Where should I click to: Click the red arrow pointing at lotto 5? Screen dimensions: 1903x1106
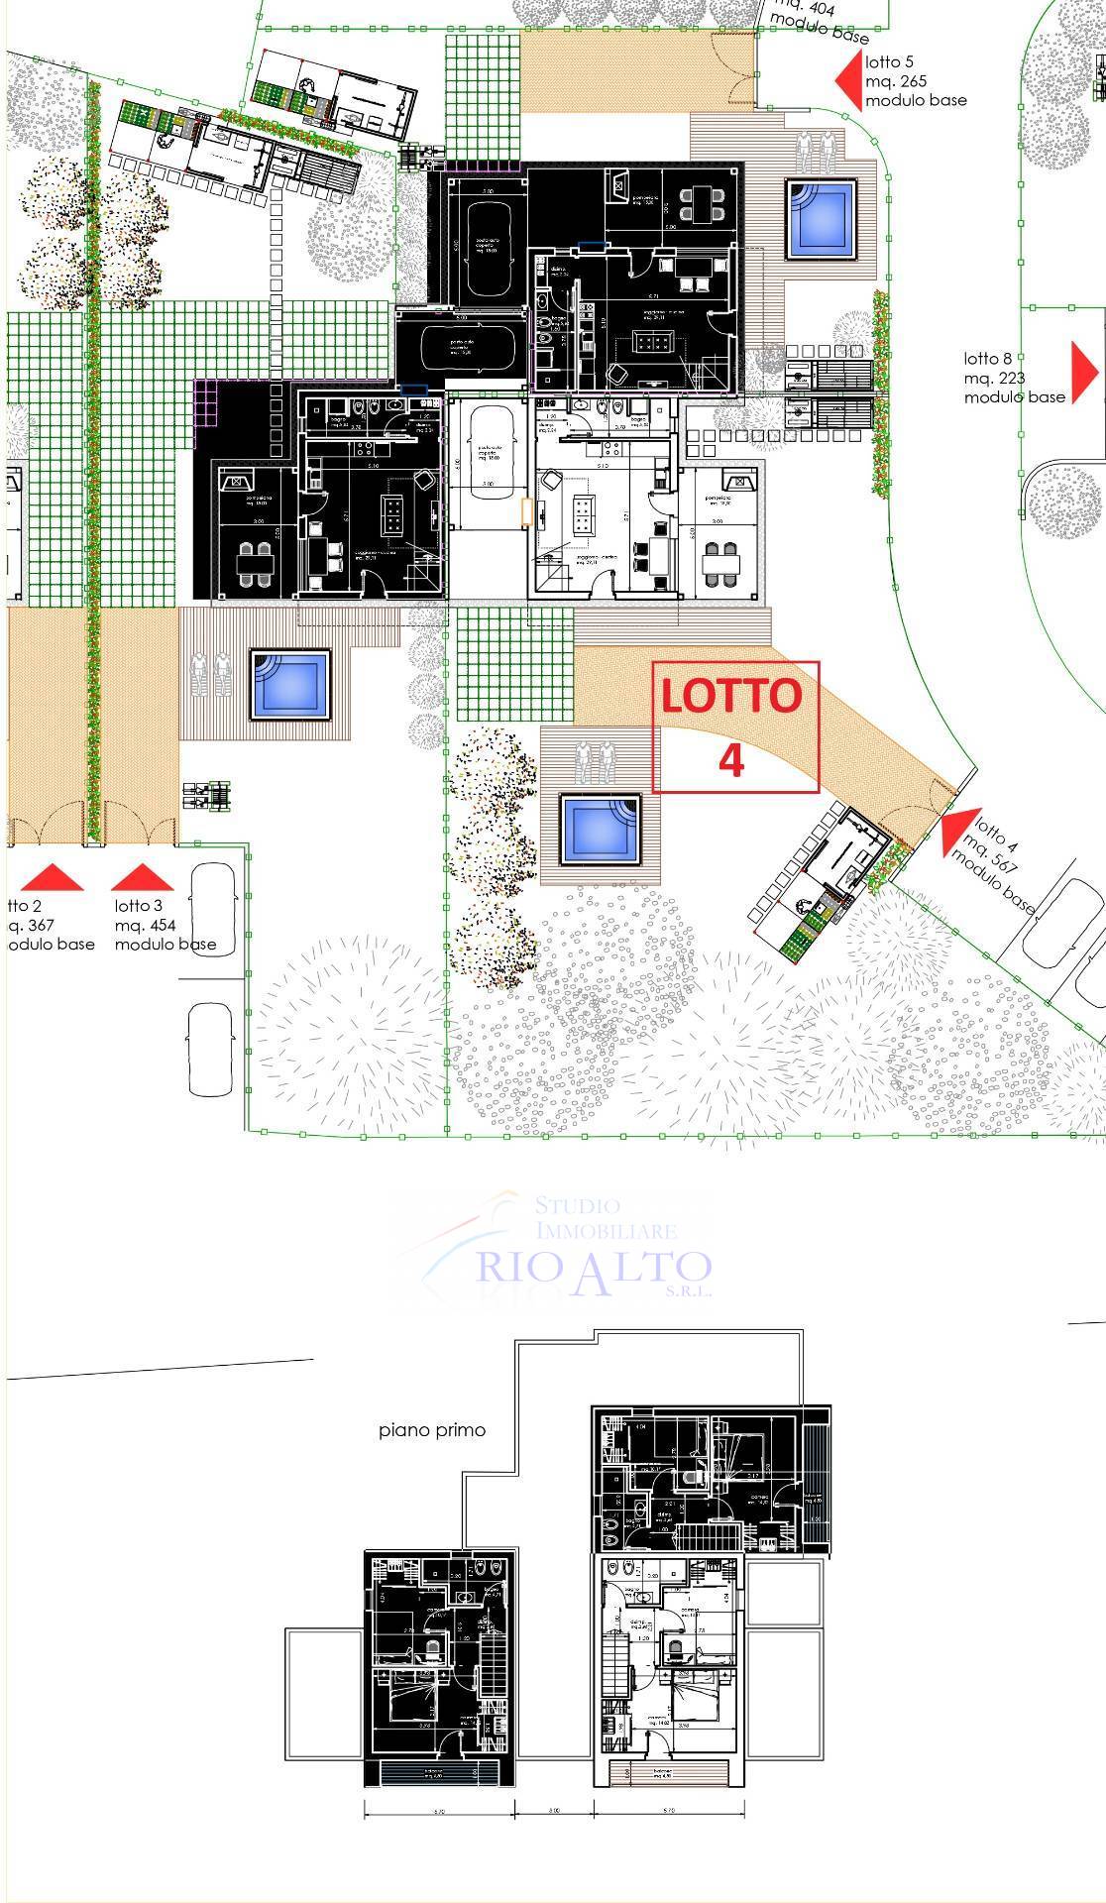[847, 79]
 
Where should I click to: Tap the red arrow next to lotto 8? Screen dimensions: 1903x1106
[1087, 368]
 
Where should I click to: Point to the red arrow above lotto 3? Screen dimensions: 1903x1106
[142, 877]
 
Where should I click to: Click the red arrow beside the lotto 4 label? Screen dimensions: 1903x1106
[955, 832]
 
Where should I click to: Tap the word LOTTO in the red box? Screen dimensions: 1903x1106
[731, 696]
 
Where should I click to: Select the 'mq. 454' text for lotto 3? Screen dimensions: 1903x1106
[145, 926]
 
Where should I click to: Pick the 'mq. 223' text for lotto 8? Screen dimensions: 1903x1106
[994, 378]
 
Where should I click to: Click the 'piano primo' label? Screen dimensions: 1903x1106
[432, 1431]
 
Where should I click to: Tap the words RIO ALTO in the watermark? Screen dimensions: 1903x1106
[594, 1268]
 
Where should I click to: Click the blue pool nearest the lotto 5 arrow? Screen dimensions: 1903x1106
[821, 218]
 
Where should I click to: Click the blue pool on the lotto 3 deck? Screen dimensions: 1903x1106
[288, 684]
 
